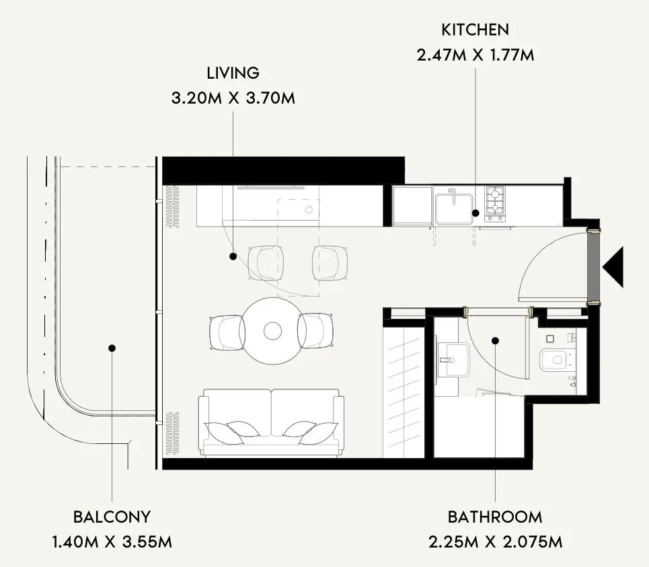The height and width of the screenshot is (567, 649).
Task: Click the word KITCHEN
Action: coord(475,30)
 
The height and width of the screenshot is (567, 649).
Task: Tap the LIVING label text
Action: coord(233,73)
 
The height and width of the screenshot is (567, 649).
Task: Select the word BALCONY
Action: coord(112,517)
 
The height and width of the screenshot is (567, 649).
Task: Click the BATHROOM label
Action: coord(495,517)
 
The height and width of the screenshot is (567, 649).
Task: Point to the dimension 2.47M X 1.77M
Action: coord(475,55)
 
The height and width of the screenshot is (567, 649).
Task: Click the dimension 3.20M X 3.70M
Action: coord(233,98)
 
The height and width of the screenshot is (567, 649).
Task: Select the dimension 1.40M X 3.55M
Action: coord(112,542)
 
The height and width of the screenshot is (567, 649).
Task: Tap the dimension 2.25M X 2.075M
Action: coord(495,542)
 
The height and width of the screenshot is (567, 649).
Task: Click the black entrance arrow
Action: coord(613,267)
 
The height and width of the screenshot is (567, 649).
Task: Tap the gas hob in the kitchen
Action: coord(495,204)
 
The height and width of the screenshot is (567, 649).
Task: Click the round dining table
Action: coord(272,331)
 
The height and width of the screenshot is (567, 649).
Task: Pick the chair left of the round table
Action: coord(227,333)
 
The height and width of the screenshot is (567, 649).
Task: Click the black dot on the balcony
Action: coord(112,348)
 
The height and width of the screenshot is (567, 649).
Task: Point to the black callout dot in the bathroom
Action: coord(495,341)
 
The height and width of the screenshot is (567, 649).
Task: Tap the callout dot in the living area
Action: coord(233,257)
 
